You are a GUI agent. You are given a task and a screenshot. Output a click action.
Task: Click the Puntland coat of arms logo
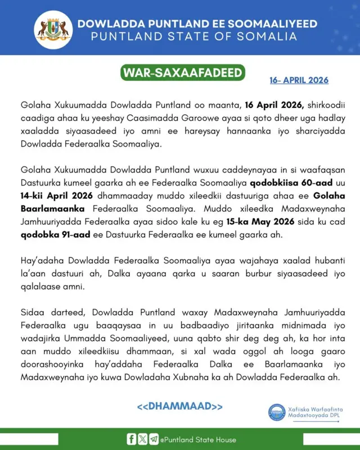click(53, 28)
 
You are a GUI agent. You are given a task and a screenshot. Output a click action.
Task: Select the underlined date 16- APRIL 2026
click(299, 80)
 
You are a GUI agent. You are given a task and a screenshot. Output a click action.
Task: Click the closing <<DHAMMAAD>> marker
click(180, 406)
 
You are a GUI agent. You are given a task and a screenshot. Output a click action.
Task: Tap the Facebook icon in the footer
click(132, 439)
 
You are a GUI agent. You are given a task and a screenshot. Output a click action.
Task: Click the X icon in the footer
click(142, 439)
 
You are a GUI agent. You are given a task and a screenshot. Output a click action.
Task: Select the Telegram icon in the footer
click(154, 439)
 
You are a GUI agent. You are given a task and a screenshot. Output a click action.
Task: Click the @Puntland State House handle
click(198, 440)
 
